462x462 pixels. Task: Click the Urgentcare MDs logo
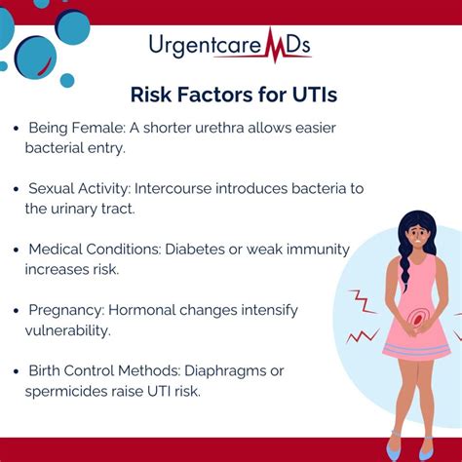(230, 46)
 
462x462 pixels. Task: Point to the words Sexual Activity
(79, 188)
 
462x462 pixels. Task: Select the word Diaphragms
(242, 370)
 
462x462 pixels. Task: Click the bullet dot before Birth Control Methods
(16, 371)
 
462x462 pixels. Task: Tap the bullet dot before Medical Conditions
(16, 250)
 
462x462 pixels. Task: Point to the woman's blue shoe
(395, 451)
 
